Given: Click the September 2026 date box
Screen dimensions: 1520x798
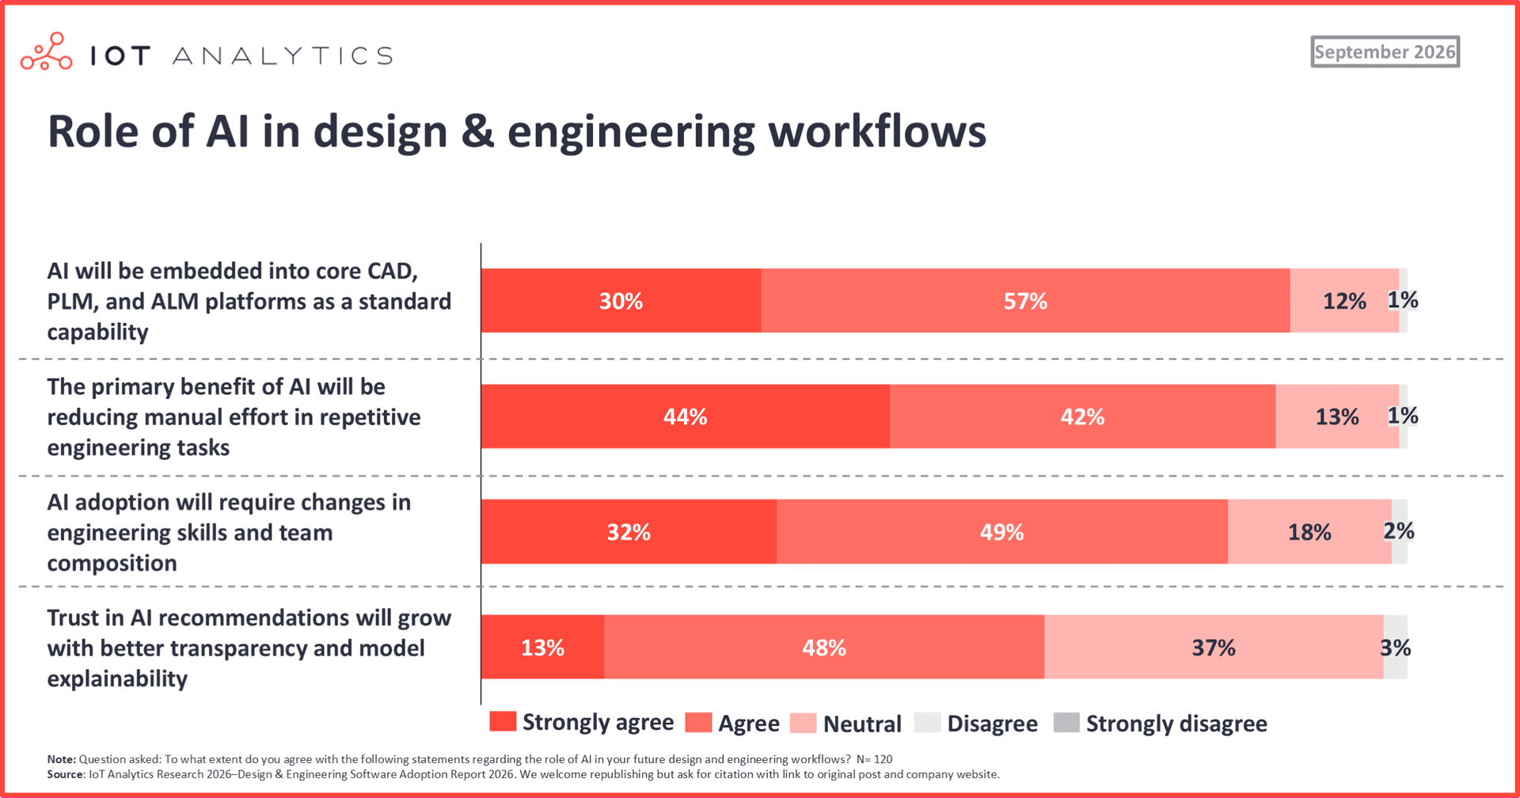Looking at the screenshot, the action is pyautogui.click(x=1385, y=51).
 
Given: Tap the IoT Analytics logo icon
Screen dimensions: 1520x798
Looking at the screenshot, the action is pyautogui.click(x=47, y=51).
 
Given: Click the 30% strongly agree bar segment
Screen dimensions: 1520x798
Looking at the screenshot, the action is pyautogui.click(x=621, y=301).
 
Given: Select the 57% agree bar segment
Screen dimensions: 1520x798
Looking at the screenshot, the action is pyautogui.click(x=1026, y=301).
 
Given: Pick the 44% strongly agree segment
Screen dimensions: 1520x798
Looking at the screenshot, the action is pyautogui.click(x=686, y=416).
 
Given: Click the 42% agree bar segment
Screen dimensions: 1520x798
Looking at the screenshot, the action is pyautogui.click(x=1083, y=416).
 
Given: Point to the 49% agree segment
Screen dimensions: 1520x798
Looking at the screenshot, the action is pyautogui.click(x=1002, y=532).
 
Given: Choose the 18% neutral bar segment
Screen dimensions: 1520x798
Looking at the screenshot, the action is pyautogui.click(x=1309, y=532).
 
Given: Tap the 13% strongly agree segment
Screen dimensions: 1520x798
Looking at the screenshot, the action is pyautogui.click(x=543, y=648).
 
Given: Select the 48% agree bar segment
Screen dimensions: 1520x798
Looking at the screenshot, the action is pyautogui.click(x=824, y=648).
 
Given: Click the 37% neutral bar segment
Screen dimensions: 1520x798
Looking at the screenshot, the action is pyautogui.click(x=1214, y=648).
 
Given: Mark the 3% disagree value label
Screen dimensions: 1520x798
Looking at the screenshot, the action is pyautogui.click(x=1396, y=648).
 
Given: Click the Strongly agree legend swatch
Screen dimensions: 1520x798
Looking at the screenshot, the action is pyautogui.click(x=503, y=721).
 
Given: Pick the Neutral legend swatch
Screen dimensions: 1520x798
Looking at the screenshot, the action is pyautogui.click(x=803, y=723).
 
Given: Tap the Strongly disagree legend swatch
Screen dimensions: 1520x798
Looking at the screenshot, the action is pyautogui.click(x=1066, y=723).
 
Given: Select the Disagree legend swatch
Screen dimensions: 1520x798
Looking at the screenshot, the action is pyautogui.click(x=927, y=723).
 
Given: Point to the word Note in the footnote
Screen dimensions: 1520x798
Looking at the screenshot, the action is pyautogui.click(x=62, y=759).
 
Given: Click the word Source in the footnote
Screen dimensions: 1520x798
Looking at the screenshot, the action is pyautogui.click(x=66, y=774).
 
